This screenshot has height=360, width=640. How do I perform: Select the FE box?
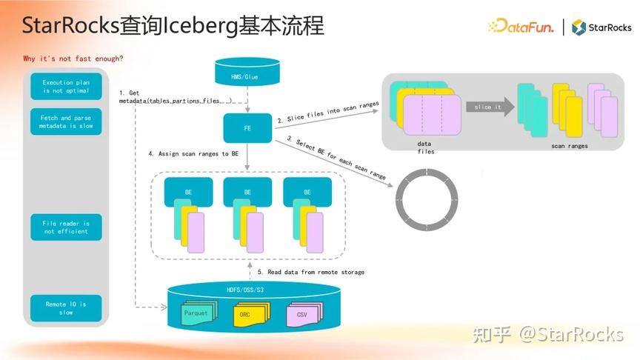click(x=247, y=127)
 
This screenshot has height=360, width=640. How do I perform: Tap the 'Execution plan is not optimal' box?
click(x=66, y=86)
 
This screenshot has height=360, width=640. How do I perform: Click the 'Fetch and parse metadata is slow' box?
click(x=66, y=122)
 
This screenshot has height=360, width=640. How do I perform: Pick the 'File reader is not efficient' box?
click(x=66, y=227)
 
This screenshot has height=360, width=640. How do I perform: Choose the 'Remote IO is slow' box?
click(x=66, y=307)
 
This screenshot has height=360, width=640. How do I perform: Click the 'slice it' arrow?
click(x=490, y=107)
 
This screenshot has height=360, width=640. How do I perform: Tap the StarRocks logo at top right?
click(x=601, y=27)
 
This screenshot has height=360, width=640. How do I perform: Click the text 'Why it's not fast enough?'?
click(x=73, y=59)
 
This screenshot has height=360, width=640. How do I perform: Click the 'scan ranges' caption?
click(x=570, y=146)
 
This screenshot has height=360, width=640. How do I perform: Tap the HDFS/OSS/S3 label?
click(x=247, y=290)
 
